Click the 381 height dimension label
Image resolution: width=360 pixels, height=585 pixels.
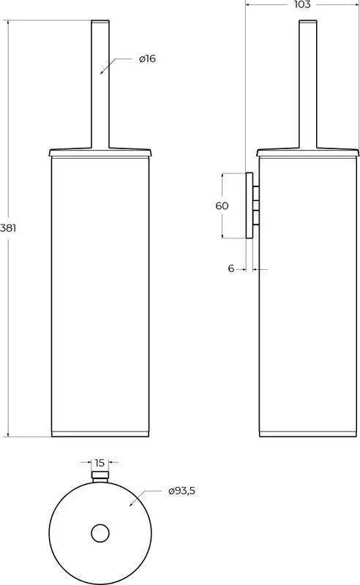click(8, 227)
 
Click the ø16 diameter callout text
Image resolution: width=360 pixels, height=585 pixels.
click(147, 58)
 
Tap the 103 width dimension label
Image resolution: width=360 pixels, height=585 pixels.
click(302, 4)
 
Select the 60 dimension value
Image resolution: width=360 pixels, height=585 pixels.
click(222, 205)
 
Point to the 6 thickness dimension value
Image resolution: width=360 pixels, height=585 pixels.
click(230, 268)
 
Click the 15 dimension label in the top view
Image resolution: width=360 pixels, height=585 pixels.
click(100, 463)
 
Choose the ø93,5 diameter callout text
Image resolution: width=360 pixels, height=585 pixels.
click(181, 491)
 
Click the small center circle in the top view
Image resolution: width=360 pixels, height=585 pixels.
click(100, 533)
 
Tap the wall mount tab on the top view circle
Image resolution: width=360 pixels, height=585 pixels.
click(100, 477)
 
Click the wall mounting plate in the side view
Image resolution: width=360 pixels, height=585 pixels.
click(249, 205)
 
